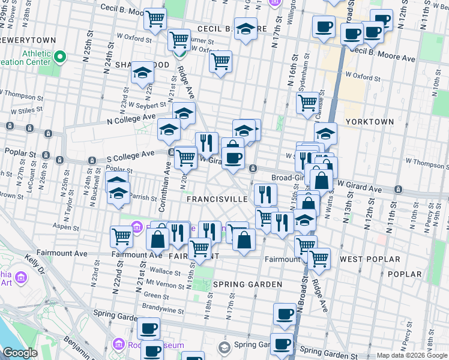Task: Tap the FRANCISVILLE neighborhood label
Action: (x=217, y=199)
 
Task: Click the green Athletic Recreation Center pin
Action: (x=59, y=58)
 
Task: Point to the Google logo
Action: (x=20, y=353)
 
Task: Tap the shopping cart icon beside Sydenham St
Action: (x=307, y=103)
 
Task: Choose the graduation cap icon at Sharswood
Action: (x=142, y=73)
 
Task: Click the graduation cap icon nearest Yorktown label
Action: (x=325, y=133)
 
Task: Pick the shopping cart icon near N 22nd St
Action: (x=121, y=236)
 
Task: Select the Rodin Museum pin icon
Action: (x=117, y=345)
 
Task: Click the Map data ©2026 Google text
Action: (x=411, y=355)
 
